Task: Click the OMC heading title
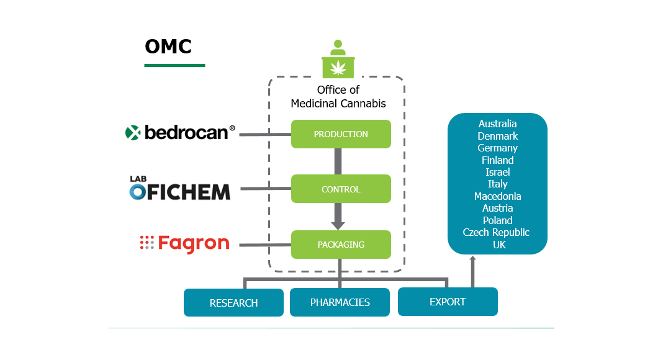168,47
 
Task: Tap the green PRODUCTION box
341,134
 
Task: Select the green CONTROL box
341,189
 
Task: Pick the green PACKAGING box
341,245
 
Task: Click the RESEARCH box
233,303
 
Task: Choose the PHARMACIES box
340,303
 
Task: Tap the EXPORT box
448,302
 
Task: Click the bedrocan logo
180,132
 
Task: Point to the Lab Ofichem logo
179,189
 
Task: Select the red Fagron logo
184,243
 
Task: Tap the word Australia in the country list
497,124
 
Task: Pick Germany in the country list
497,148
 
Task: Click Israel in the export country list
497,172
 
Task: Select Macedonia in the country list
497,196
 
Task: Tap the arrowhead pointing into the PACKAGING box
338,225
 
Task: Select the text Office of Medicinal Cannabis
338,97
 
